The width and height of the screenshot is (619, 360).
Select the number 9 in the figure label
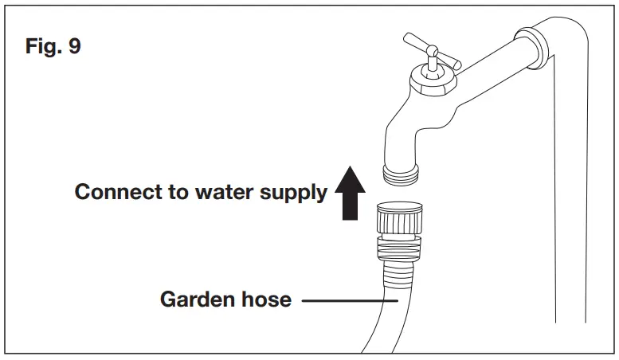[x=72, y=45]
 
